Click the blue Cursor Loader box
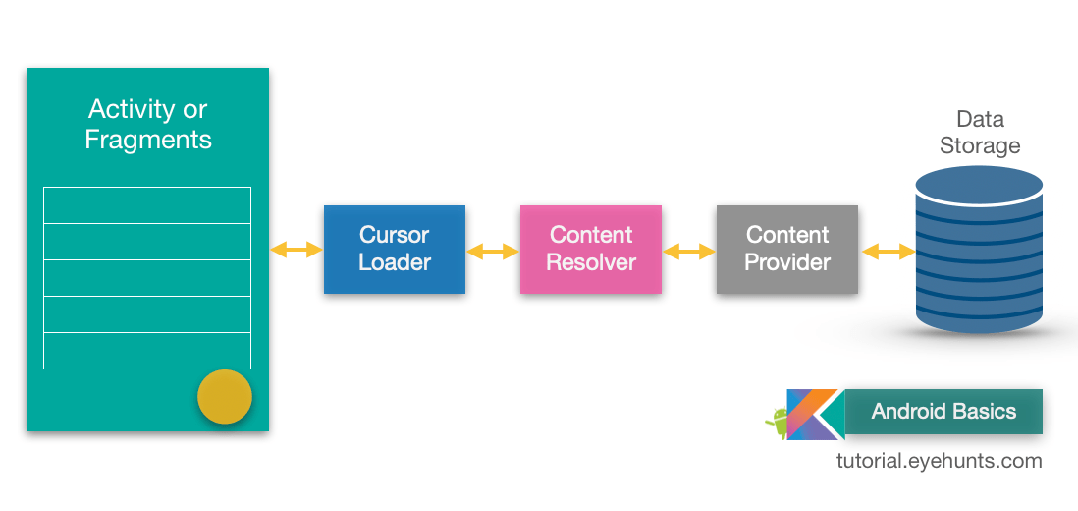click(x=395, y=250)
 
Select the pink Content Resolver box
click(x=591, y=250)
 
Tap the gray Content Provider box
click(x=787, y=250)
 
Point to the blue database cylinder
click(x=979, y=252)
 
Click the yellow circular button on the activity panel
click(x=225, y=397)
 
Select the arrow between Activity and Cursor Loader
click(x=296, y=250)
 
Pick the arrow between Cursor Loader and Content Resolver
click(x=493, y=252)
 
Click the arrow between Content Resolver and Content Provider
click(x=689, y=252)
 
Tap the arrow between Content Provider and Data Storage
click(x=889, y=252)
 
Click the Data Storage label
click(x=980, y=133)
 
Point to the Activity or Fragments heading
click(x=148, y=124)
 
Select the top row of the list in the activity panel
click(x=147, y=205)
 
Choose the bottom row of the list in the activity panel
click(x=147, y=351)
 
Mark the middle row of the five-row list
click(x=147, y=278)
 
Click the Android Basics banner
click(x=943, y=412)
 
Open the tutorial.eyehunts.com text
click(x=940, y=461)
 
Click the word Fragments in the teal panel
click(x=148, y=140)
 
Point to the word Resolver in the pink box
click(x=591, y=262)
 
